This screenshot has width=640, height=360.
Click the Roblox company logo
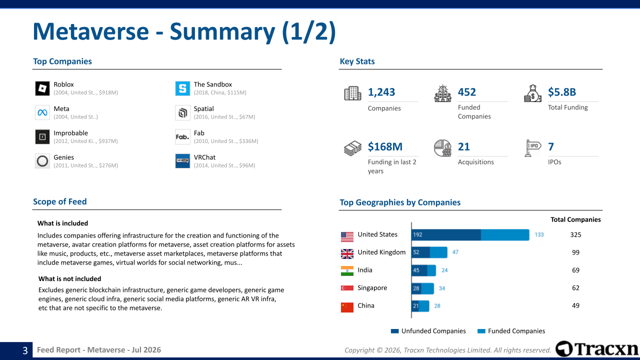coord(42,88)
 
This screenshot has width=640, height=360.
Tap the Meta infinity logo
coord(42,112)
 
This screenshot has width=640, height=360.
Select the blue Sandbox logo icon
coord(182,88)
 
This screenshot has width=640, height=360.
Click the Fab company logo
coord(182,137)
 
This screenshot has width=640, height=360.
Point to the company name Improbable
coord(71,133)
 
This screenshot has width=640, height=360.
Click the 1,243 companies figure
coord(381,92)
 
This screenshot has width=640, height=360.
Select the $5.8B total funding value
coord(561,92)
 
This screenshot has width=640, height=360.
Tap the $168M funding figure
coord(385,146)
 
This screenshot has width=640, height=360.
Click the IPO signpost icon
coord(532,148)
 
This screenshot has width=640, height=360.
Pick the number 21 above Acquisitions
coord(463,146)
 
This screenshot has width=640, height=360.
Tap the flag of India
coord(347,271)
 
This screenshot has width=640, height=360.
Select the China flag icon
coord(347,307)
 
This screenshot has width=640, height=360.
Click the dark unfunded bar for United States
coord(446,235)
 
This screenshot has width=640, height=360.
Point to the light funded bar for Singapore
coord(427,288)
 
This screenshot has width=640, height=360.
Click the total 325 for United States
coord(575,235)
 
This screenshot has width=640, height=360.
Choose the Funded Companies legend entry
coord(511,331)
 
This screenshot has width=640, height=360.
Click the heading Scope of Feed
coord(59,201)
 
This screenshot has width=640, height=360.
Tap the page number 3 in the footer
coord(25,350)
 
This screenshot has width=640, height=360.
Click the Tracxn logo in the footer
coord(596,349)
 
